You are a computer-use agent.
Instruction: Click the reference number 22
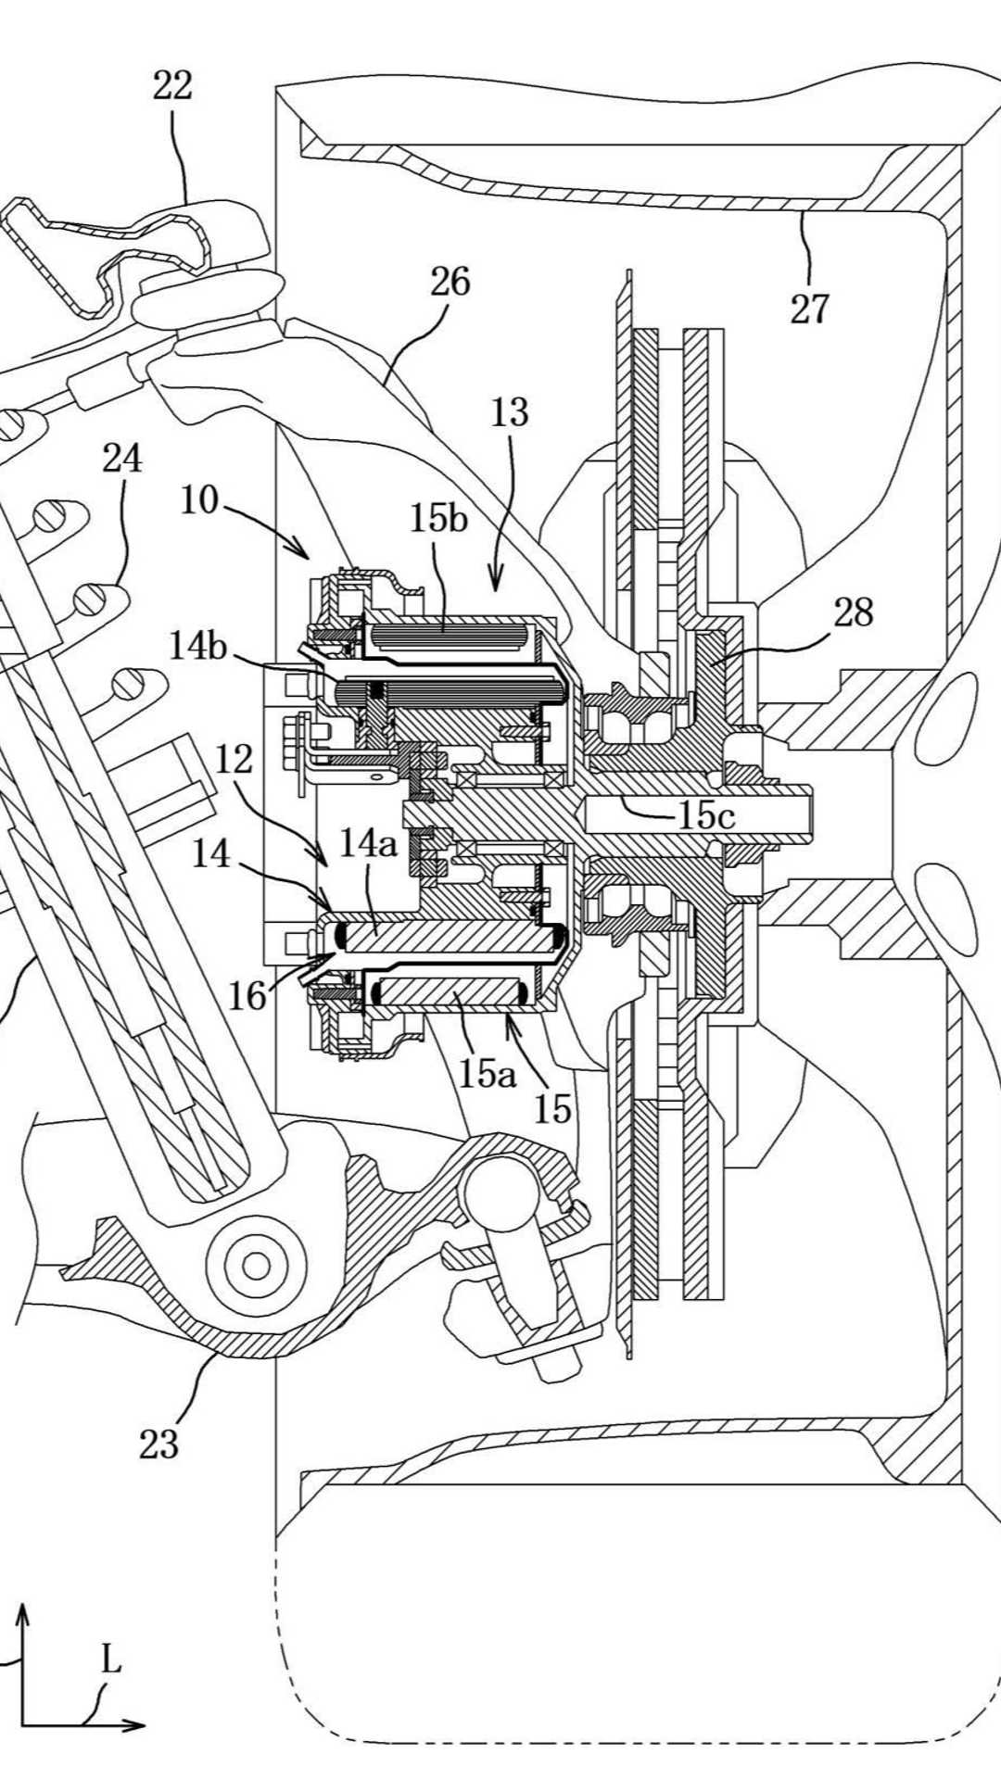(172, 86)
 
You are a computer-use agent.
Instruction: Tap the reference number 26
(450, 282)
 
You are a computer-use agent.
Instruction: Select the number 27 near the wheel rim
(809, 309)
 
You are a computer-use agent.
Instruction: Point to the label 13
(509, 412)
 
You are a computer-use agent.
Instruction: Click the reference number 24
(122, 458)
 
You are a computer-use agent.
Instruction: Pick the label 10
(199, 500)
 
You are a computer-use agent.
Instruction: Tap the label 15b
(439, 519)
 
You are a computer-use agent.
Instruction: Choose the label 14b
(197, 646)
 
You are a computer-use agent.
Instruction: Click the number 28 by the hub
(853, 612)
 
